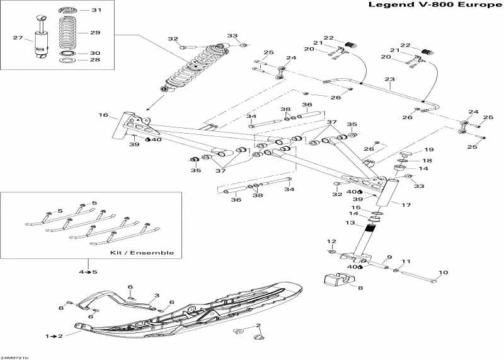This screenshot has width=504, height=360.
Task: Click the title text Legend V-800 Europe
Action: pyautogui.click(x=435, y=5)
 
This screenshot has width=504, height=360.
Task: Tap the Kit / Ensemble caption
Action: pyautogui.click(x=142, y=253)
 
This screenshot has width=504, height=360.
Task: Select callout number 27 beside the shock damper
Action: pyautogui.click(x=18, y=38)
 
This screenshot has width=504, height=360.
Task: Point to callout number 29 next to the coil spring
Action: pyautogui.click(x=95, y=33)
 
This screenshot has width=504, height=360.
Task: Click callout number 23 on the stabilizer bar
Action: pyautogui.click(x=389, y=79)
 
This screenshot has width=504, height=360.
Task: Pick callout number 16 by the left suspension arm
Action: pyautogui.click(x=103, y=115)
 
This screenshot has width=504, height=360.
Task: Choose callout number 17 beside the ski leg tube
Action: pyautogui.click(x=406, y=205)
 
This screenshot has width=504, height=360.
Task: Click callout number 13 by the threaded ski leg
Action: pyautogui.click(x=350, y=223)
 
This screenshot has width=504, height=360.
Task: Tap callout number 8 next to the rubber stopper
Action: pyautogui.click(x=360, y=288)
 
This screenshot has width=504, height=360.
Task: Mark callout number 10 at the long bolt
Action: pyautogui.click(x=443, y=272)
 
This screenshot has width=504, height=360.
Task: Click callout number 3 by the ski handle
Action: pyautogui.click(x=156, y=295)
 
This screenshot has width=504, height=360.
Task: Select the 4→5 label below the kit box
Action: pyautogui.click(x=88, y=272)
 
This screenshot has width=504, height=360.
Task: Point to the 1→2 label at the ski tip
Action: pyautogui.click(x=54, y=336)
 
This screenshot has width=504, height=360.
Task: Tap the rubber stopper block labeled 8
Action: pyautogui.click(x=339, y=279)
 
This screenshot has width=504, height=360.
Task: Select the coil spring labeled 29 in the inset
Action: pyautogui.click(x=68, y=33)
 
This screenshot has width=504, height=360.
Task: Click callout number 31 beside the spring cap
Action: pyautogui.click(x=96, y=10)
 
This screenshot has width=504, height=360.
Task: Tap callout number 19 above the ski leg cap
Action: pyautogui.click(x=429, y=149)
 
